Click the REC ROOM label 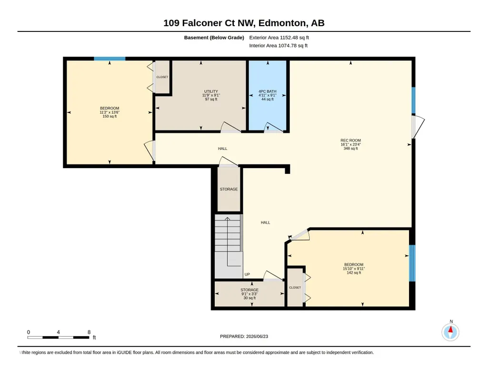(x=350, y=140)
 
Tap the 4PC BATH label (x=268, y=91)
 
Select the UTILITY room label (x=211, y=91)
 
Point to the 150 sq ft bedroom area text (x=110, y=116)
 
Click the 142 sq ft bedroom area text (x=354, y=273)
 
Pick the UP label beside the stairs (x=247, y=274)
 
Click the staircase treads (x=228, y=233)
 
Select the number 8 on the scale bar (x=89, y=332)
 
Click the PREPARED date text (x=244, y=336)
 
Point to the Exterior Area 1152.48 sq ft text (x=279, y=38)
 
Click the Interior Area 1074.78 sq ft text (x=278, y=45)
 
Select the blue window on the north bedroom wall (x=110, y=59)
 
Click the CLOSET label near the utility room (x=162, y=77)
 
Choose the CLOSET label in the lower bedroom (x=295, y=288)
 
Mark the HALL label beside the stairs (x=266, y=222)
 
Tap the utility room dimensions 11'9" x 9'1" (x=211, y=96)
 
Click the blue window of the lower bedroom (x=412, y=263)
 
